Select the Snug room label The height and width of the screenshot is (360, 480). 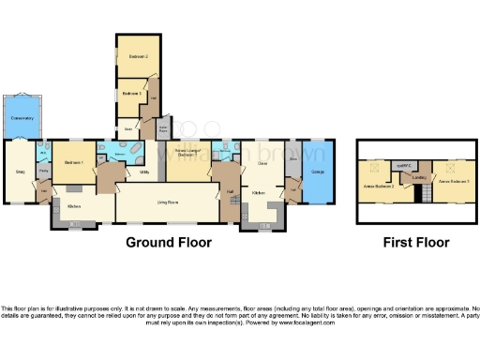[x=20, y=171]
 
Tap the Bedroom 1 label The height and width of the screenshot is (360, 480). [x=75, y=163]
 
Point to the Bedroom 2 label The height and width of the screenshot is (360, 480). [x=134, y=57]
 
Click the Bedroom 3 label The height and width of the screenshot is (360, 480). [x=131, y=94]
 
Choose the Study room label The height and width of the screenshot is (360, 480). [x=127, y=129]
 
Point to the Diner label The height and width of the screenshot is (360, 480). [x=263, y=163]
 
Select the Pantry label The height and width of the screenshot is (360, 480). [x=44, y=172]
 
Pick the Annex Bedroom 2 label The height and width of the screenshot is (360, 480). [x=377, y=186]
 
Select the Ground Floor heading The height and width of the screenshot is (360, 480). [x=169, y=242]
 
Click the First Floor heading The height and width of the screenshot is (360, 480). [x=416, y=242]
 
